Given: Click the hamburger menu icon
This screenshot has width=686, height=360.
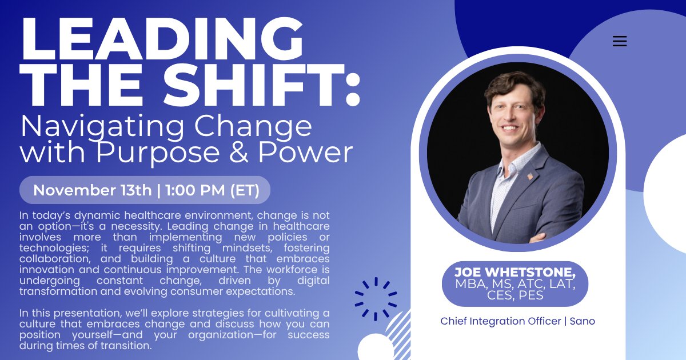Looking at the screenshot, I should (x=619, y=41).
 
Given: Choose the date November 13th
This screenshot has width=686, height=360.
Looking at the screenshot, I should (x=92, y=190).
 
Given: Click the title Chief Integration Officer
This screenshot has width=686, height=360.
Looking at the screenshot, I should (x=500, y=321).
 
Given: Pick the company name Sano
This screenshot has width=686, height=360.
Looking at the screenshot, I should (x=581, y=321).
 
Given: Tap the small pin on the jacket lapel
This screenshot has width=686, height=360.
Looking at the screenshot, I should (x=529, y=176).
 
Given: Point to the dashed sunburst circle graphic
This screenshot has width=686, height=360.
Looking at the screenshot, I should (x=376, y=298).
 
